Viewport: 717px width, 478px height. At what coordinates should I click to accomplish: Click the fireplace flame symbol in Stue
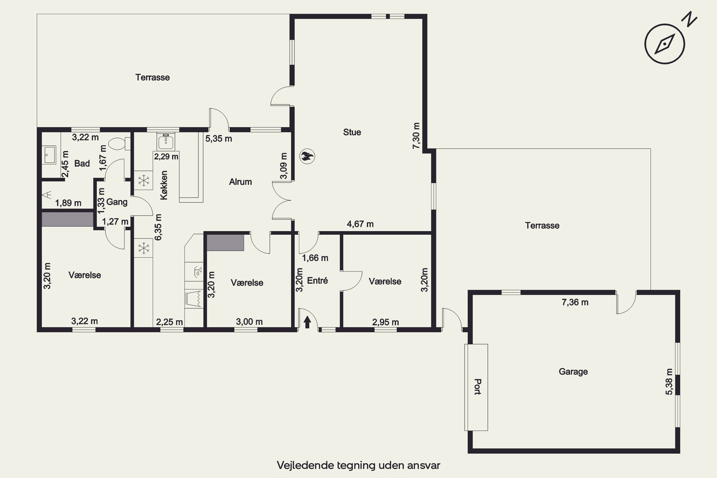(307, 157)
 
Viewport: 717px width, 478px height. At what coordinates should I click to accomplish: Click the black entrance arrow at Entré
(307, 322)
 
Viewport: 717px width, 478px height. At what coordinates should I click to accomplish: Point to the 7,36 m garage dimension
(575, 302)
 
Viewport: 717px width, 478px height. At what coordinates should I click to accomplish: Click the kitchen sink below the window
(166, 141)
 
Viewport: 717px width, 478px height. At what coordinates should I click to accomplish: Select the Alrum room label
(240, 182)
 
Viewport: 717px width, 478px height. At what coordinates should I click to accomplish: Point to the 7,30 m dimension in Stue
(416, 136)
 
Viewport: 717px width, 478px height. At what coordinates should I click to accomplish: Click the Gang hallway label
(117, 202)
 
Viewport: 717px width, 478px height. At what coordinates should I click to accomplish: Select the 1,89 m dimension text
(68, 203)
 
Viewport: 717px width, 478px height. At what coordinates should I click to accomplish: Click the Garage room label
(573, 372)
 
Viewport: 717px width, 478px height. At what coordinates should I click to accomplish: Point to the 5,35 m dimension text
(219, 139)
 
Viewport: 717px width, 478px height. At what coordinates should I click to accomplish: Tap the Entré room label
(317, 280)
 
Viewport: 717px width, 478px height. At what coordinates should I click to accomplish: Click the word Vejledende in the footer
(305, 465)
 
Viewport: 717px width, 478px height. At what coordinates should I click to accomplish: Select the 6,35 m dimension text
(158, 227)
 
